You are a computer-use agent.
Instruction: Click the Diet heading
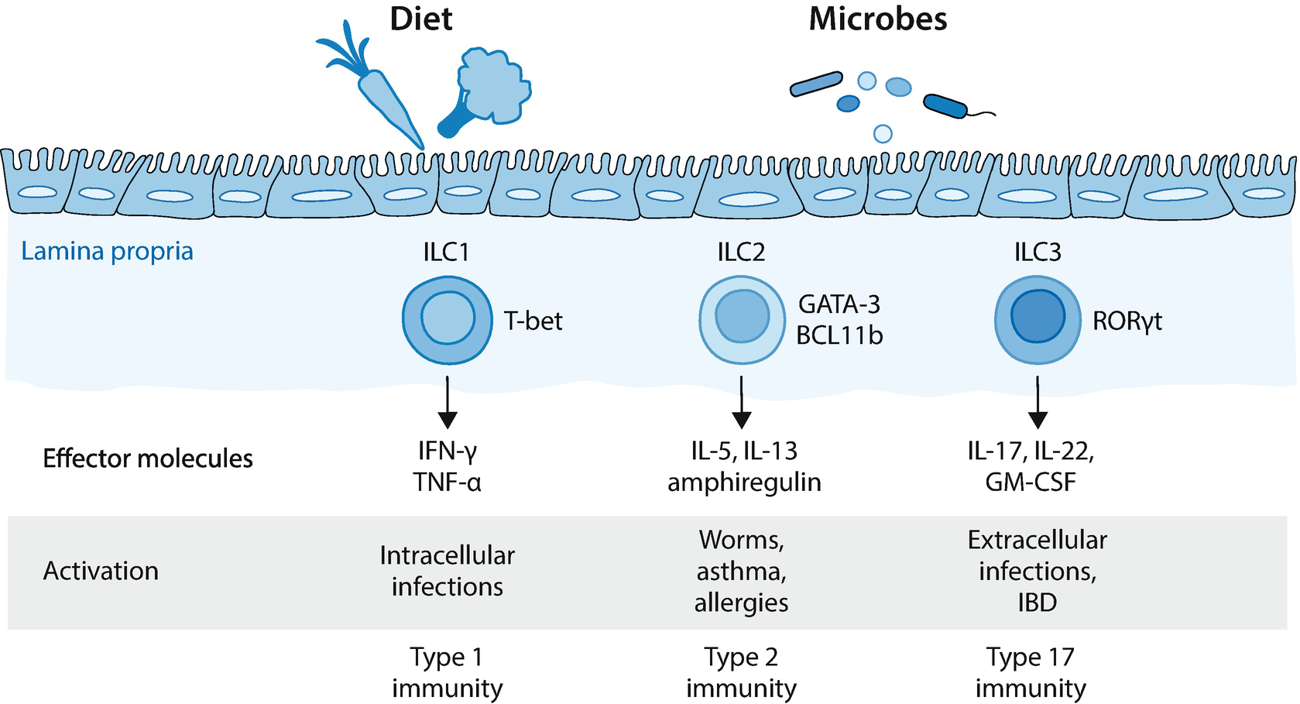point(420,19)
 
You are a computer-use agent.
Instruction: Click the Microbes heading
point(877,19)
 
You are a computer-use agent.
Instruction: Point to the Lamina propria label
point(107,251)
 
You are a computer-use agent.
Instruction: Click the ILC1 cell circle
point(447,320)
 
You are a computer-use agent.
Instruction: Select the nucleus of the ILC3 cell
point(1037,316)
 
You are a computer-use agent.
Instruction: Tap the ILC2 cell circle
point(742,320)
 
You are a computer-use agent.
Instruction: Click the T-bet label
point(533,321)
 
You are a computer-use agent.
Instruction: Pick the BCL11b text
point(839,335)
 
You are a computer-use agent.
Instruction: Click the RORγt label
point(1127,321)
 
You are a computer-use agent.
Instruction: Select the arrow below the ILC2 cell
point(742,402)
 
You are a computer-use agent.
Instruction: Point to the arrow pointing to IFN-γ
point(447,402)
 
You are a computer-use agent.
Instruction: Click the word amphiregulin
point(743,482)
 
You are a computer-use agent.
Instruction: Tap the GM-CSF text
point(1030,482)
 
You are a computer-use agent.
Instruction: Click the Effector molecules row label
point(147,458)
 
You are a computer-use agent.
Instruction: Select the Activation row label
point(101,571)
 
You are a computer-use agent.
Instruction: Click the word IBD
point(1037,603)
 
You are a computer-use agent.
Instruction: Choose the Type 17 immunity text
point(1030,672)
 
